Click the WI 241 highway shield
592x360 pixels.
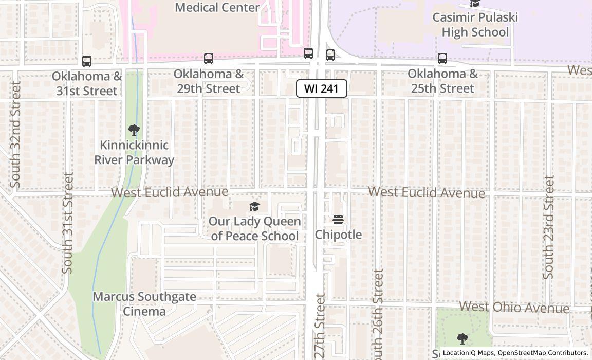coord(322,88)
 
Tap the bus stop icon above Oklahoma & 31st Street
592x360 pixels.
coord(87,61)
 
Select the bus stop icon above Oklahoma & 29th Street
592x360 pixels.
coord(208,59)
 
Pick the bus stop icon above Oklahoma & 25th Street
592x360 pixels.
coord(442,59)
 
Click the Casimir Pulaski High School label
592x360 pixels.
coord(474,25)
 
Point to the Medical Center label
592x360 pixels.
coord(217,7)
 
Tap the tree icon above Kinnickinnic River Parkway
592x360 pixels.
coord(134,130)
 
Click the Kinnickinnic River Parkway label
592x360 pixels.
coord(134,153)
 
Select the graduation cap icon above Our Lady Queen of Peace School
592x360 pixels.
coord(254,207)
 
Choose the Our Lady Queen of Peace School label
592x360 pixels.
coord(254,228)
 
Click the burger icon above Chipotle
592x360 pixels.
coord(338,220)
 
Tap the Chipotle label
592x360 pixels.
coord(338,235)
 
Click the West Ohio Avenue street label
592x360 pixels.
coord(514,307)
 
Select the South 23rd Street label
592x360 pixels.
coord(549,227)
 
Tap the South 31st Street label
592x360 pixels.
coord(68,223)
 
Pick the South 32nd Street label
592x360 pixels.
coord(15,134)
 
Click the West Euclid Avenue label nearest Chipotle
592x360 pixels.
coord(427,192)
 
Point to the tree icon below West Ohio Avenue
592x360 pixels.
coord(462,338)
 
